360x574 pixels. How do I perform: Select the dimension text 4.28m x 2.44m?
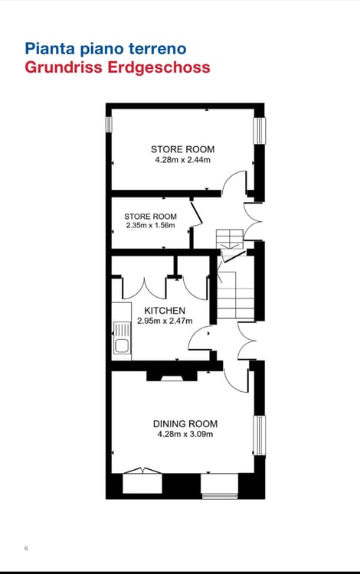(182, 161)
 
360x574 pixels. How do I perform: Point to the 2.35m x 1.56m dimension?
(150, 226)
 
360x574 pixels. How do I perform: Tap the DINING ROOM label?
(185, 423)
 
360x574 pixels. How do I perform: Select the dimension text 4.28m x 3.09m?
(185, 434)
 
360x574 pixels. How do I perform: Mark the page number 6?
(26, 548)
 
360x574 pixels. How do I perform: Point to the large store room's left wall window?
(109, 124)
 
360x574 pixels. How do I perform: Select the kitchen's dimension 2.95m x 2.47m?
(165, 321)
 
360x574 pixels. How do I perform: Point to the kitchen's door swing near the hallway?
(201, 339)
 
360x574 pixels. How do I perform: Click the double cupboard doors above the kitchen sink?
(145, 287)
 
